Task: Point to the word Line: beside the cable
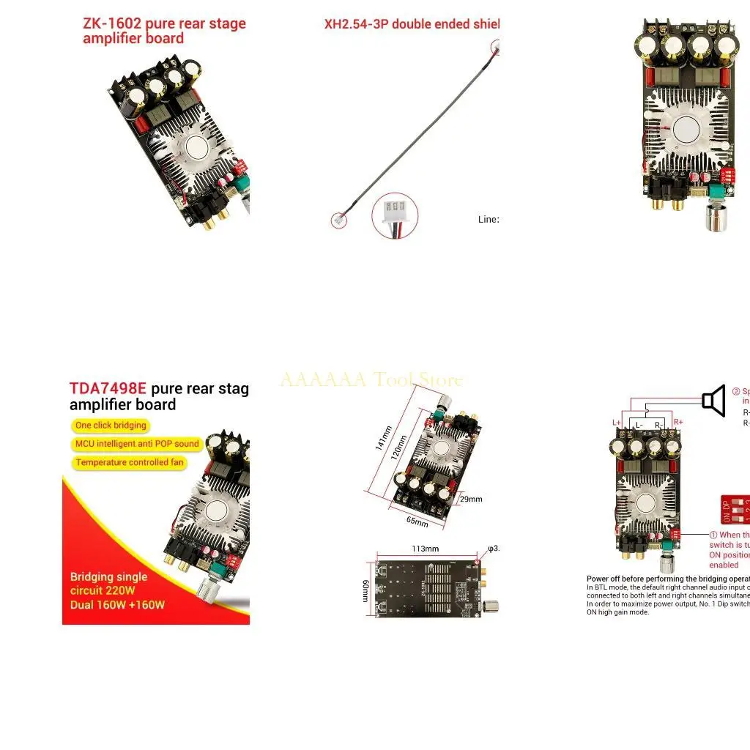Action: (x=489, y=219)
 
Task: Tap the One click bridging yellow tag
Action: (x=111, y=426)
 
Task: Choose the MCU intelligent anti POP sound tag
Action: (x=137, y=444)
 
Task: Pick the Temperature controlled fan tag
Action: (x=129, y=463)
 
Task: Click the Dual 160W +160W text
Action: (x=117, y=605)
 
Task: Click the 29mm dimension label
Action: (x=470, y=500)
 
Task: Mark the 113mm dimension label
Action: (x=425, y=549)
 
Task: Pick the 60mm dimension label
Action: (x=365, y=587)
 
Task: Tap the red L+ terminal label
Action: (x=616, y=423)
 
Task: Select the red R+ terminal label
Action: (x=678, y=423)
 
